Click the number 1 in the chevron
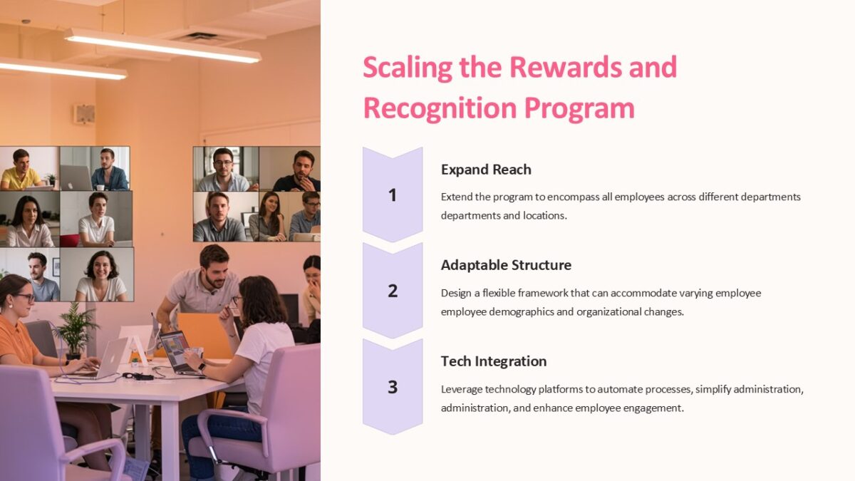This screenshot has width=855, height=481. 392,195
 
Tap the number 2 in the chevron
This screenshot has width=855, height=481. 392,291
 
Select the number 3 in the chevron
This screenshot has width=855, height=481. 392,387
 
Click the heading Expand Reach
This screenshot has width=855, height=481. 486,170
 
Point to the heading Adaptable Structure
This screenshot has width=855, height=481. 506,265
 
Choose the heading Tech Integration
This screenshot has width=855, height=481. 494,361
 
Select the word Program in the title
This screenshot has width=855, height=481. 579,108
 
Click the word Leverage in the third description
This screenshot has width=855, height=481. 462,390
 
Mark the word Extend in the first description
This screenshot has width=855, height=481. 457,197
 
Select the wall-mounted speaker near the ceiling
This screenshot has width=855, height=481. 83,114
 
